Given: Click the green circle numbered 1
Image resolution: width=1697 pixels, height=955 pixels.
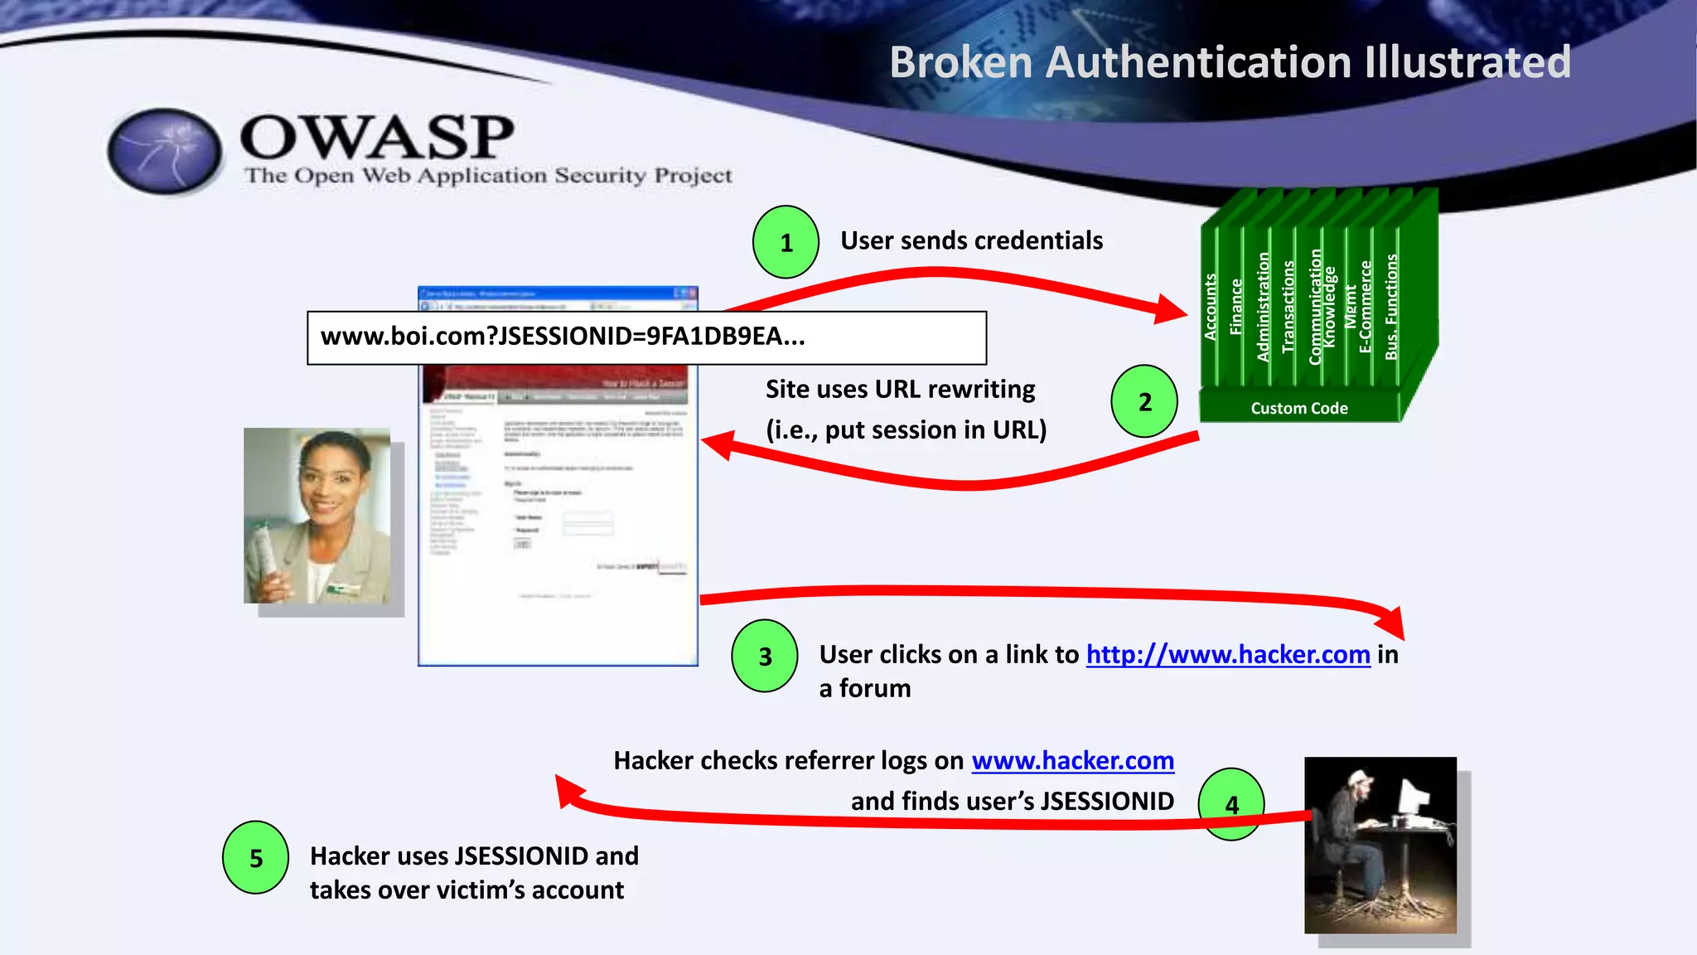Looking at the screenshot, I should (x=786, y=242).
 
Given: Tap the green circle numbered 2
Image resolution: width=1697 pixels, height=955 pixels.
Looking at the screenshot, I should (x=1144, y=402).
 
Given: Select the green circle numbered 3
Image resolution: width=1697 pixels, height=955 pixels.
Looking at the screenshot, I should (x=765, y=656).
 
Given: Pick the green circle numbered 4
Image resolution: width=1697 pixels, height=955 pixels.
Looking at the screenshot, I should (x=1231, y=804).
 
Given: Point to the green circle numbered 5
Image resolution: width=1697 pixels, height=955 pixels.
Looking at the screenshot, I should (x=256, y=858).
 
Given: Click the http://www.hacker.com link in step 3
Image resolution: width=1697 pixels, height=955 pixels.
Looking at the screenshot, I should (x=1228, y=655).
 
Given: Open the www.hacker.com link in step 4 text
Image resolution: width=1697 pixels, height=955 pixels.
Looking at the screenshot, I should (x=1072, y=761).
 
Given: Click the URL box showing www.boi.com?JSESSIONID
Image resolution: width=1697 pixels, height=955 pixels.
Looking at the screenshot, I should (x=646, y=337).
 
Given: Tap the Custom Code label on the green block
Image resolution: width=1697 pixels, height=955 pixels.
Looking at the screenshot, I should (x=1298, y=408).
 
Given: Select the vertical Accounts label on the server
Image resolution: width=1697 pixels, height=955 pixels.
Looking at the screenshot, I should (x=1211, y=307).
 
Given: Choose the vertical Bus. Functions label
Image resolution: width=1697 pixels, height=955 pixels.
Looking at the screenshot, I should (x=1391, y=307).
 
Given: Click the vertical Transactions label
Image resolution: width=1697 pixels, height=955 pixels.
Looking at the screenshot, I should (x=1288, y=307).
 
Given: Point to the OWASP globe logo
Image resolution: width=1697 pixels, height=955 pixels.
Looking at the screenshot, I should (x=165, y=152).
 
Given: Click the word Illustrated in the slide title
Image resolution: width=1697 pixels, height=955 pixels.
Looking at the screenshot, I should (x=1467, y=62).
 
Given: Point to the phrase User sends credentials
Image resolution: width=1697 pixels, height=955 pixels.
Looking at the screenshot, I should (x=971, y=240).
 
